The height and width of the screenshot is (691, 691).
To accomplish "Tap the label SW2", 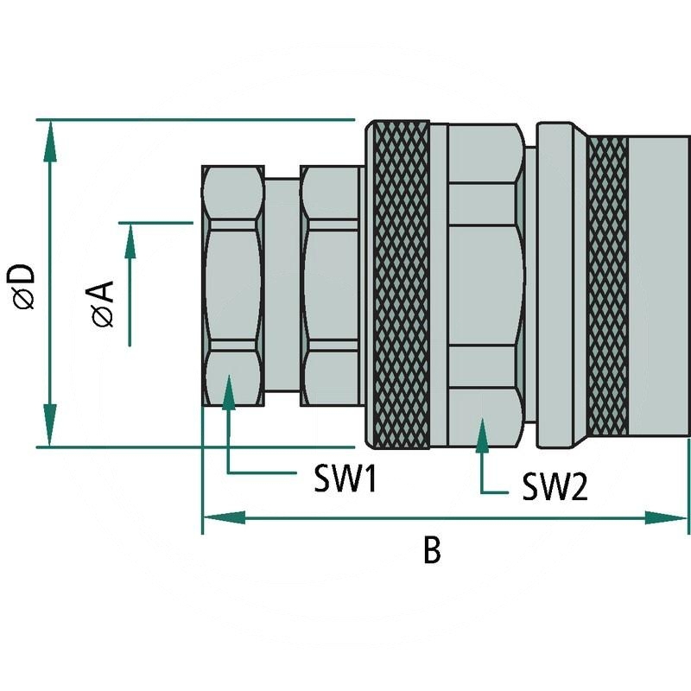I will coord(555,488).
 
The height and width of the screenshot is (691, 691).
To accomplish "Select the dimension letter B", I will coord(432,550).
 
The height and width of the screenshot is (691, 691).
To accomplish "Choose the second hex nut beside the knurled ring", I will coord(331,285).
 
